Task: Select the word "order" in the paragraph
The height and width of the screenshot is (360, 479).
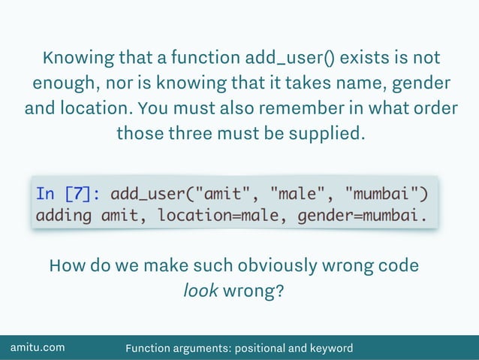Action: pos(433,108)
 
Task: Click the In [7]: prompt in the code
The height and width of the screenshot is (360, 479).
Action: pos(68,194)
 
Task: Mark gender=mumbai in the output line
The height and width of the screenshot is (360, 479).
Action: pos(366,216)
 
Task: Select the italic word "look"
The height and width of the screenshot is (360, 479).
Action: pos(200,290)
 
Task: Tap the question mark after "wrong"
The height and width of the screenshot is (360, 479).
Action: pos(280,290)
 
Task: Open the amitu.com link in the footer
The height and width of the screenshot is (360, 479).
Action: pos(37,348)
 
